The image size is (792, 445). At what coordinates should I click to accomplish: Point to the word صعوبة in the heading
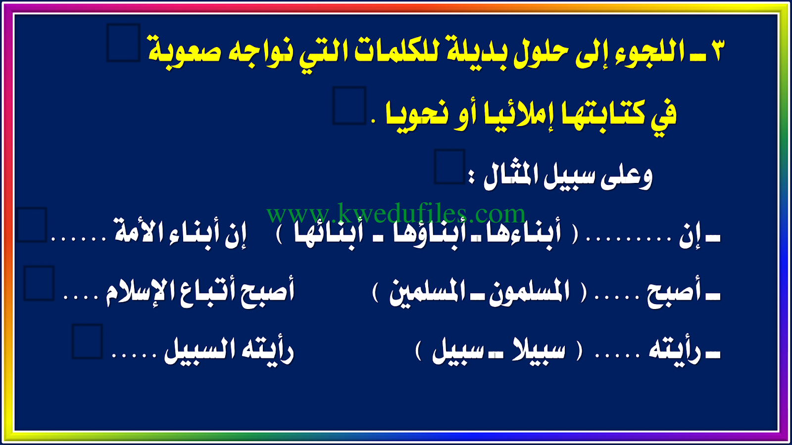point(184,52)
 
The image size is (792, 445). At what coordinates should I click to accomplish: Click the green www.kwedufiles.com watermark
point(396,213)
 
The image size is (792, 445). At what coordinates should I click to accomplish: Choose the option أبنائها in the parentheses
point(329,235)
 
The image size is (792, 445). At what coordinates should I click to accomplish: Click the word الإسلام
point(137,294)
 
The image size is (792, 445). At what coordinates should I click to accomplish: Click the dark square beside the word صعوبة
point(124,43)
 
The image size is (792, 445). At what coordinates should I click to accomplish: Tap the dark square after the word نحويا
point(349,106)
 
